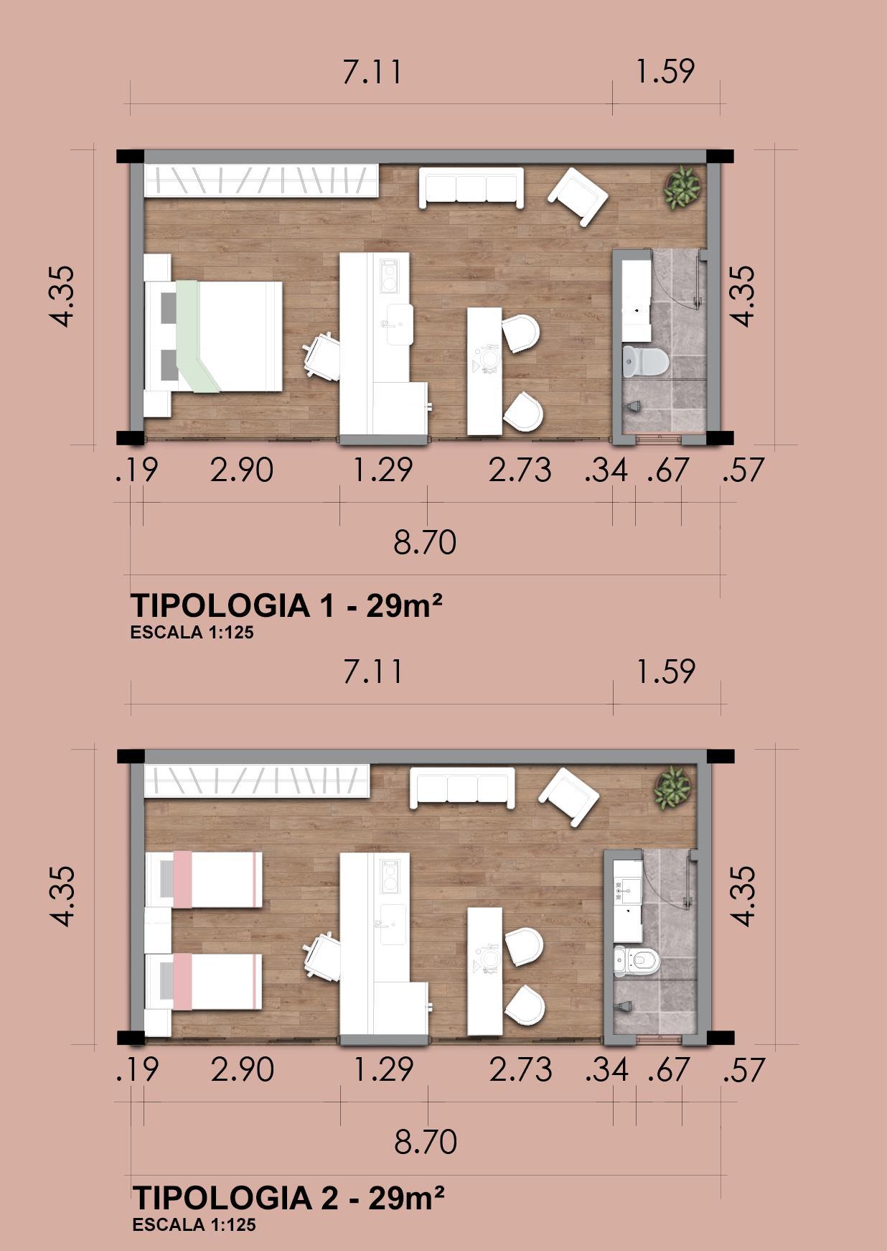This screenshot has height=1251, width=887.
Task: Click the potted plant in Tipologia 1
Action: click(681, 188)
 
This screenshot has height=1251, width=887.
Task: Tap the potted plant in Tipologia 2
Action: click(672, 788)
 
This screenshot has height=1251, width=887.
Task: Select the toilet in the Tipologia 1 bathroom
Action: click(645, 361)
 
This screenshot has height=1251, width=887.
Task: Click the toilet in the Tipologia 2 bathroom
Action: click(637, 961)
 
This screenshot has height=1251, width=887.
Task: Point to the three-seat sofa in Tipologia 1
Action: click(471, 187)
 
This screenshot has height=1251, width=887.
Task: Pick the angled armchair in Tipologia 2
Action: click(569, 796)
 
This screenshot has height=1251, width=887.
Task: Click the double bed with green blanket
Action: click(213, 335)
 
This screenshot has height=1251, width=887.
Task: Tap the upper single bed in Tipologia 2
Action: click(204, 880)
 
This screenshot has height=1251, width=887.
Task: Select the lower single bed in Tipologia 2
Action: click(204, 982)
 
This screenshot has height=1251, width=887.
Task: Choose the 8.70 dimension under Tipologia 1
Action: click(425, 542)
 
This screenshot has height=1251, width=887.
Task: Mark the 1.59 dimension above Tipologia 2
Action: click(665, 671)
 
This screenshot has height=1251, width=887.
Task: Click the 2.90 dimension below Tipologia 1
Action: click(242, 470)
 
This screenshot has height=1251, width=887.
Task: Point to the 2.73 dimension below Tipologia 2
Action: click(521, 1070)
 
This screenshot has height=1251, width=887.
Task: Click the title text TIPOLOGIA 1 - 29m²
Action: click(286, 606)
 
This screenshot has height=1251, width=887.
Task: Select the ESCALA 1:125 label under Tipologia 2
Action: click(194, 1224)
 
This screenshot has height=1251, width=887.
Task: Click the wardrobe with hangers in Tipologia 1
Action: click(261, 180)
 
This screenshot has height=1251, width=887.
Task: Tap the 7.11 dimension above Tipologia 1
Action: click(372, 73)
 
